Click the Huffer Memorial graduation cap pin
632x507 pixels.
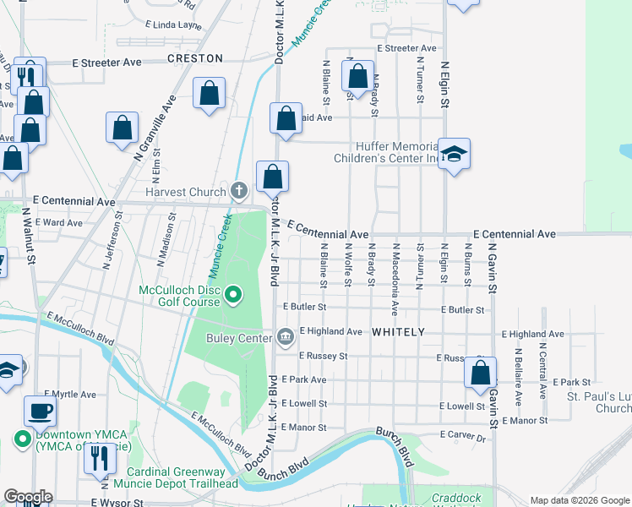coord(455,154)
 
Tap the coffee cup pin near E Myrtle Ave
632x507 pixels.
coord(40,412)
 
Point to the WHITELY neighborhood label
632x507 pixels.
coord(398,333)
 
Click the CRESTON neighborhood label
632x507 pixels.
coord(195,59)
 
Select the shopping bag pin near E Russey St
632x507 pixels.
coord(480,372)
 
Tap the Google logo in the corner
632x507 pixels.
coord(28,496)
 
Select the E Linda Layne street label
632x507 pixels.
coord(173,25)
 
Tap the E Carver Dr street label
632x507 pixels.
coord(463,438)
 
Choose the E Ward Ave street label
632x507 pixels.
coord(57,223)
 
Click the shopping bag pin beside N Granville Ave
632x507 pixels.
coord(122,128)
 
